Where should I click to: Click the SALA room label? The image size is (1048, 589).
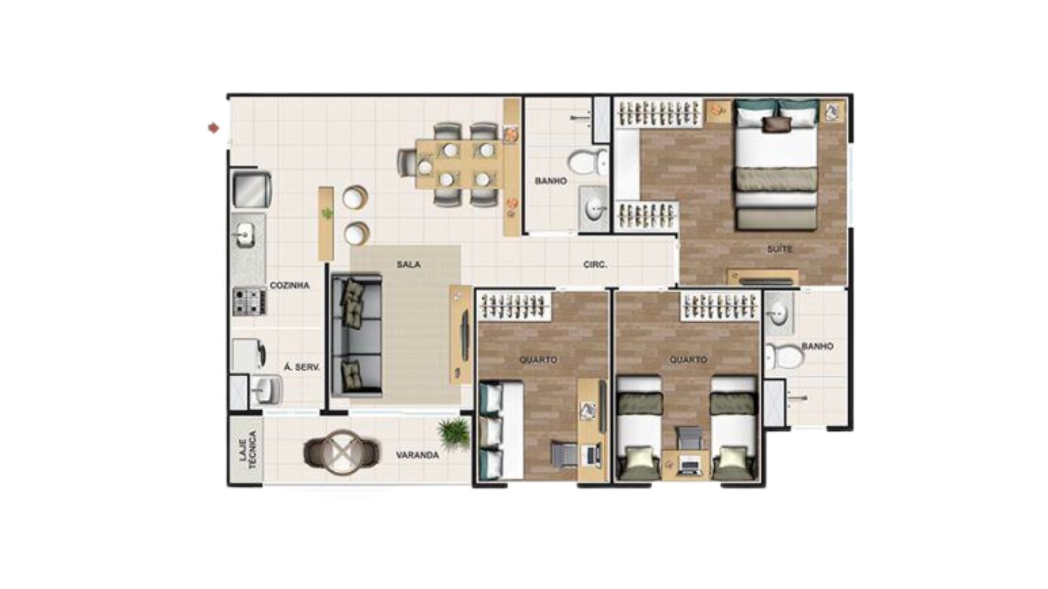tap(408, 265)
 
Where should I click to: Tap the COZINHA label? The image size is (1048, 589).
tap(289, 285)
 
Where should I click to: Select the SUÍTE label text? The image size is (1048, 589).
tap(779, 249)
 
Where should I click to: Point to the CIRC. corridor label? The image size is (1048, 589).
tap(595, 265)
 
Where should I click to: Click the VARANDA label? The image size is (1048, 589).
tap(418, 455)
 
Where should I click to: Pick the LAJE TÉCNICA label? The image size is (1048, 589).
tap(248, 450)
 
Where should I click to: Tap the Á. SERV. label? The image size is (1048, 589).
tap(302, 368)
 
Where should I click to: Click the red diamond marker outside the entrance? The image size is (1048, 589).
tap(213, 128)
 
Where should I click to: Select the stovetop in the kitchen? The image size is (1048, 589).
tap(249, 302)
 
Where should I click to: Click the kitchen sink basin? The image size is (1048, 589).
tap(244, 235)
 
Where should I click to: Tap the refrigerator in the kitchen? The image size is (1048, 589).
tap(252, 189)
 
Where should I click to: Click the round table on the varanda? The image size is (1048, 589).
tap(341, 453)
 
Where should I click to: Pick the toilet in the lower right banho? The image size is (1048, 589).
tap(784, 356)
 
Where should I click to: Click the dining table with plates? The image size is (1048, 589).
tap(457, 164)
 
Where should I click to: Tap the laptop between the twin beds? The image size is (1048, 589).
tap(690, 465)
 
